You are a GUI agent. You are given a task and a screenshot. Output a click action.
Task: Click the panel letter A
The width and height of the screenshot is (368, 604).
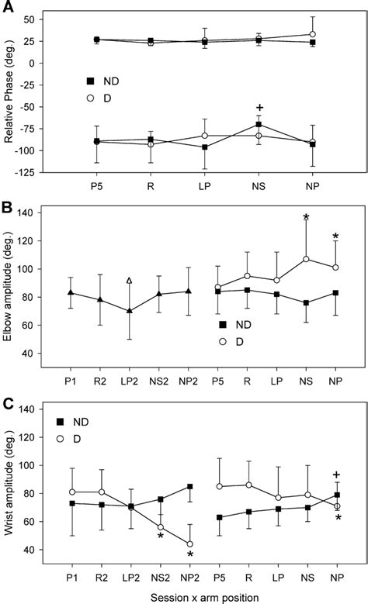(7, 8)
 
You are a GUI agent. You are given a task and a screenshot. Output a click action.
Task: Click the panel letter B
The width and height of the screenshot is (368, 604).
(7, 208)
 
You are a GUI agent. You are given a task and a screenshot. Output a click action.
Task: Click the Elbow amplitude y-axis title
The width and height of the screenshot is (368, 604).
(9, 284)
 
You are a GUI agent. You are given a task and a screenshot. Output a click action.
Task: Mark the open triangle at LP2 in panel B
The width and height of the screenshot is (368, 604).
(129, 281)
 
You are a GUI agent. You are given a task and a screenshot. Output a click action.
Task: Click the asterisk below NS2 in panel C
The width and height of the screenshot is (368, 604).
(160, 536)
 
